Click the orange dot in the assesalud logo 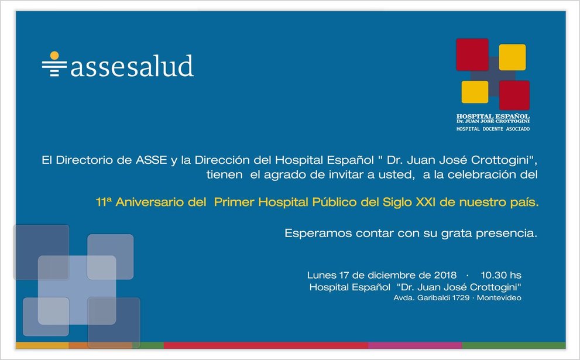click(x=54, y=56)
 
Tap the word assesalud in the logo click(x=132, y=66)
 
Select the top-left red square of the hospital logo click(x=472, y=54)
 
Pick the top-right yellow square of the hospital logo click(x=512, y=57)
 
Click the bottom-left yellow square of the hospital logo click(x=475, y=92)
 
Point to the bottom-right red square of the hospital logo click(x=514, y=95)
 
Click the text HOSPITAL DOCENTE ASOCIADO click(x=493, y=129)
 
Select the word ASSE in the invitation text click(x=151, y=160)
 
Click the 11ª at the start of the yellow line click(x=104, y=202)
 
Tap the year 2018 click(x=445, y=275)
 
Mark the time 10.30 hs click(x=501, y=275)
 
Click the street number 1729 click(x=461, y=298)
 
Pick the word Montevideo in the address click(x=499, y=298)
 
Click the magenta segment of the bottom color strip click(x=415, y=345)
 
